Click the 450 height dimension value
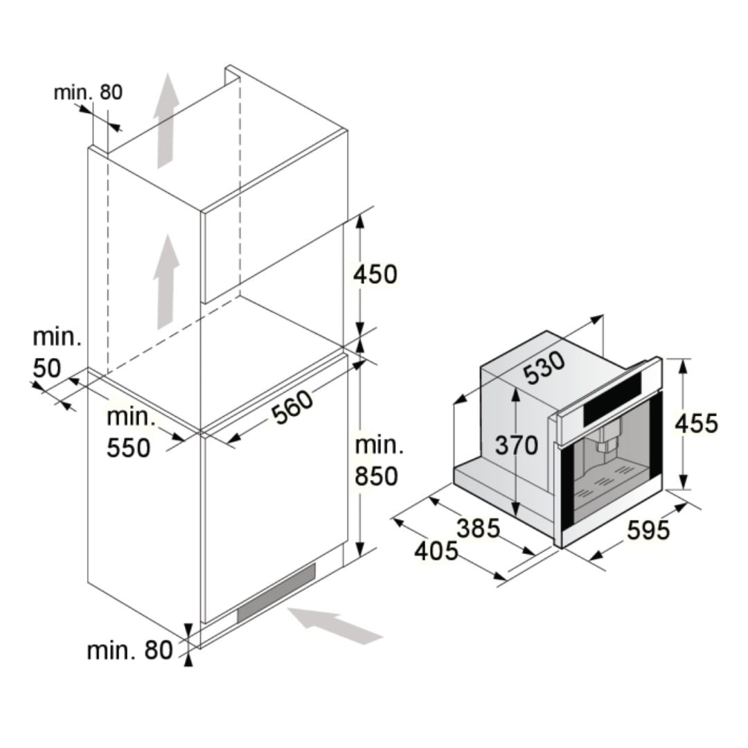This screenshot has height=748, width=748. [375, 275]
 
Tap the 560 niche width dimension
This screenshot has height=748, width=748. [293, 407]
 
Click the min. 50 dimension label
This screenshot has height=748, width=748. [57, 353]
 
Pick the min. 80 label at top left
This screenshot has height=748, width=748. [88, 93]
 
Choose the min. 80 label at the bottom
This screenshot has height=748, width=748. [130, 650]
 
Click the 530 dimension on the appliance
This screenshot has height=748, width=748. [545, 368]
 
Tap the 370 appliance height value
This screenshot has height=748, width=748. [516, 445]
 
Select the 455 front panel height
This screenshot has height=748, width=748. [696, 423]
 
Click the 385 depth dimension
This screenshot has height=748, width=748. [479, 528]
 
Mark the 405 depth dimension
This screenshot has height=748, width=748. [436, 551]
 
